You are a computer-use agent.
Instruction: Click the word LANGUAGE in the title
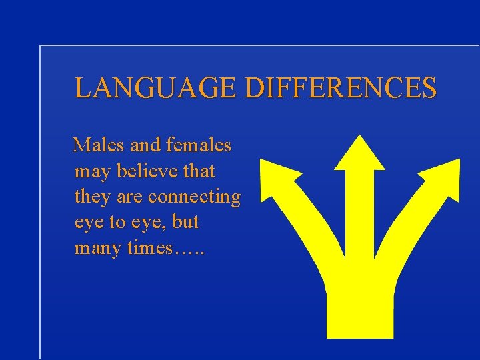(157, 88)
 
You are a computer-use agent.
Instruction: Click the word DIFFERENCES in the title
(341, 88)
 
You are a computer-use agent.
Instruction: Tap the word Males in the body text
(95, 144)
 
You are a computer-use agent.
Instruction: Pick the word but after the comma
(185, 222)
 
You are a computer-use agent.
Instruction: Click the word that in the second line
(199, 171)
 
